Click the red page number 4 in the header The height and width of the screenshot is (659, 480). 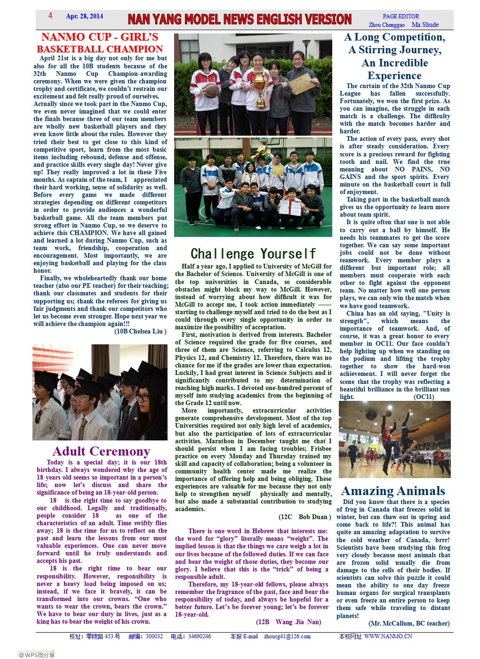[50, 16]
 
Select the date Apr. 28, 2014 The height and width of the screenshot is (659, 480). [84, 16]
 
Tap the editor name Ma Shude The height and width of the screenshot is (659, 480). [425, 25]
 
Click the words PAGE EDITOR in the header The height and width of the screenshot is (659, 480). [401, 16]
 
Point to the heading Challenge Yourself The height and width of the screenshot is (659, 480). [253, 254]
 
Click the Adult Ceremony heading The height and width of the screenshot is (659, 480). [101, 451]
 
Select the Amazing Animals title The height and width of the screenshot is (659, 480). [393, 491]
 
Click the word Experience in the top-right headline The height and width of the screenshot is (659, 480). [394, 75]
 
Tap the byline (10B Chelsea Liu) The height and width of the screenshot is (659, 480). [140, 331]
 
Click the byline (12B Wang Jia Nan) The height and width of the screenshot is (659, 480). [288, 622]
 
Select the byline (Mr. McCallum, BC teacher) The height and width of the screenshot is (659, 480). [409, 623]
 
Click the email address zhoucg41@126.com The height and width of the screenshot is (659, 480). [287, 636]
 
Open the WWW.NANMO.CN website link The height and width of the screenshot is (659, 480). [388, 636]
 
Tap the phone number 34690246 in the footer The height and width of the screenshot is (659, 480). [200, 636]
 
